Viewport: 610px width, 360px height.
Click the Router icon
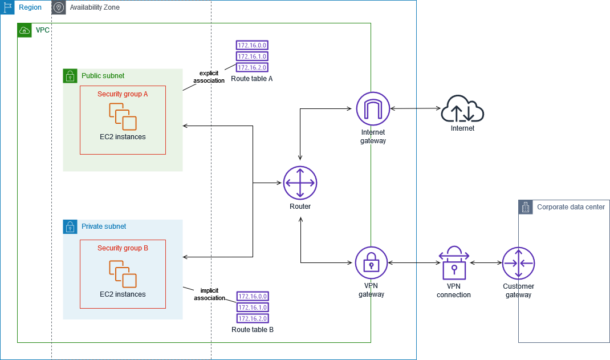point(300,183)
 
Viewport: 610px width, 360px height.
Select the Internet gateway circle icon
point(372,108)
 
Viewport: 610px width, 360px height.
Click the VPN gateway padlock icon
point(371,263)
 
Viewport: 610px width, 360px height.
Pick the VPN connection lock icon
point(454,263)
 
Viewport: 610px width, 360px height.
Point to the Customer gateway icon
point(518,263)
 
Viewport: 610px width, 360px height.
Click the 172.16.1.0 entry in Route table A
point(251,56)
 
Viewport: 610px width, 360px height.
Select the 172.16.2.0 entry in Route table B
point(252,318)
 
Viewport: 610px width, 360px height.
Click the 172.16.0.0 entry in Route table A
point(251,45)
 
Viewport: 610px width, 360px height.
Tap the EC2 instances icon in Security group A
point(123,116)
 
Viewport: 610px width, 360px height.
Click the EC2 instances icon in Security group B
point(123,274)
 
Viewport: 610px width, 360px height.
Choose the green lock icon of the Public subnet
point(70,75)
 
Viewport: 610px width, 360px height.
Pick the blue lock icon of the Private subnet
point(70,226)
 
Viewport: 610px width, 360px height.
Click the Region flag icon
point(7,7)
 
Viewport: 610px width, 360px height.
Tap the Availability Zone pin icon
point(59,7)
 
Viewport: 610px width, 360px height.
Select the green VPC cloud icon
point(25,30)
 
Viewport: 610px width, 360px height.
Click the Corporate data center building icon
point(525,207)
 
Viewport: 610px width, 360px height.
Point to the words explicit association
point(209,77)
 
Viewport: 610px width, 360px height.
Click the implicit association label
point(209,294)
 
